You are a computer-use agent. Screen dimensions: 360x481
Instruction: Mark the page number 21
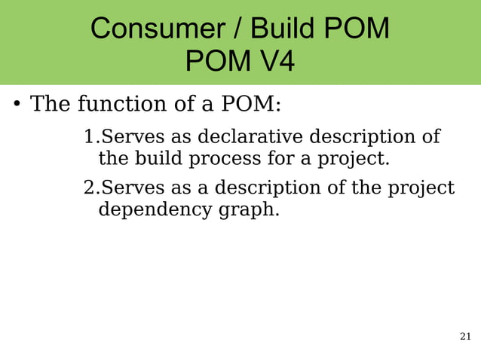pos(465,336)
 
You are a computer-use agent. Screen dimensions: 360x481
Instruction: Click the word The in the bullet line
pos(49,103)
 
